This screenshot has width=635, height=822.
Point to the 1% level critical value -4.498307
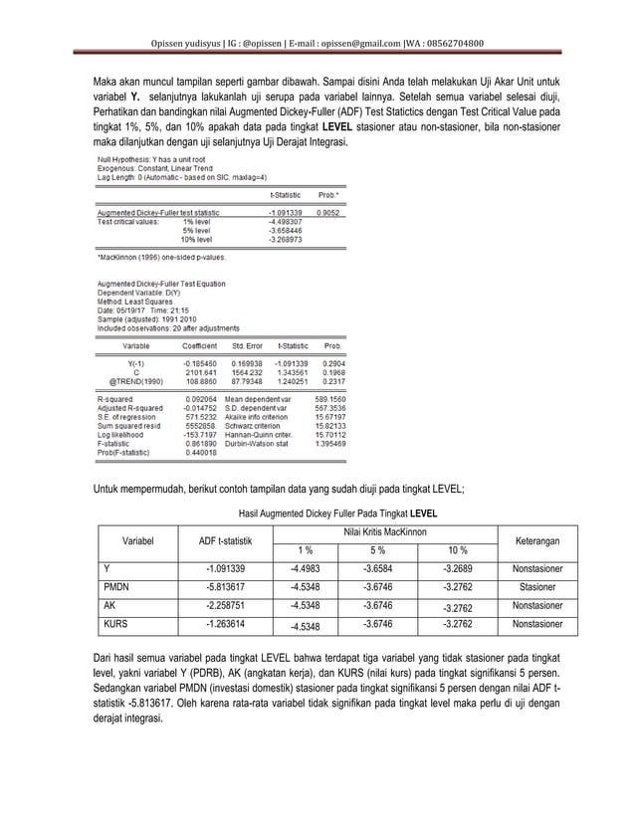287,221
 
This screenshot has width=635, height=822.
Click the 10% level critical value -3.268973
287,240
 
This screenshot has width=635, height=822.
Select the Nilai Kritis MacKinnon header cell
379,532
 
